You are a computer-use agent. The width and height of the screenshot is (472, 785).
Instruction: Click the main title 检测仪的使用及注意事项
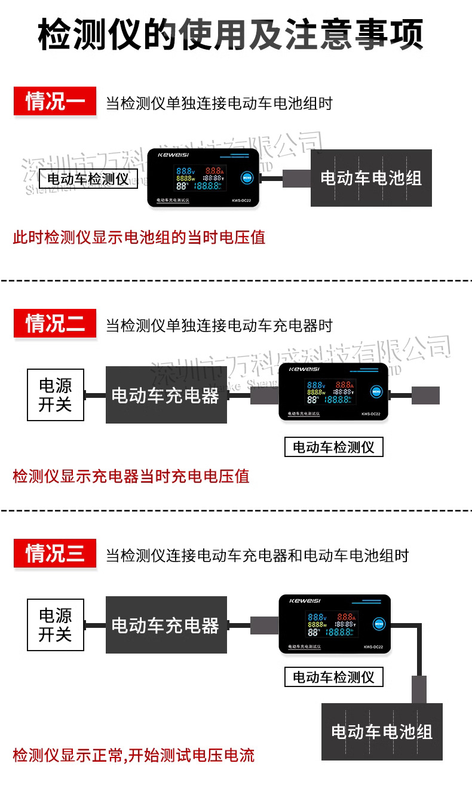pos(231,35)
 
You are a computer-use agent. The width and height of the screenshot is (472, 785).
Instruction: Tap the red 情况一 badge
pos(54,102)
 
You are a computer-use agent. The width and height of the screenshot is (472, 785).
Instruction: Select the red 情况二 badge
pos(54,324)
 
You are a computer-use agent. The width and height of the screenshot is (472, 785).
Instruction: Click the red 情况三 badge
pos(54,553)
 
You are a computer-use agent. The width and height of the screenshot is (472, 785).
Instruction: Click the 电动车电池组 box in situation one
pos(371,178)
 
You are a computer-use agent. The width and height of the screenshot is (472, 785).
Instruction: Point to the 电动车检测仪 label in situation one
pos(88,179)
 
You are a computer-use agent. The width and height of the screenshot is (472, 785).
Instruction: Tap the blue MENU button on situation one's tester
pos(247,177)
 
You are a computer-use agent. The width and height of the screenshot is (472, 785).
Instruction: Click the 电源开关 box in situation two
pos(55,395)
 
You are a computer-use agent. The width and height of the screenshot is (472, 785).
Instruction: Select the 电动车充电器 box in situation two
pos(166,395)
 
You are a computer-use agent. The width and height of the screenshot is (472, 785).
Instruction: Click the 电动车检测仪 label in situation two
pos(333,447)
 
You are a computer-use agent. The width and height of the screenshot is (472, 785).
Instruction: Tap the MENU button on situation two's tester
pos(376,392)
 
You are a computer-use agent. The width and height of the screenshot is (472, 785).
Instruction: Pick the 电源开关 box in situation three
pos(55,625)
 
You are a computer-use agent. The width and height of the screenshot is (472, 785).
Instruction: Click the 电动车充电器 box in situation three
pos(166,625)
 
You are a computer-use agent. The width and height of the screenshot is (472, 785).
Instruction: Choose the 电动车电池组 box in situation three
pos(382,732)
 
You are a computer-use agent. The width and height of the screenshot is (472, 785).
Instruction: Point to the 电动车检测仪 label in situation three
pos(333,677)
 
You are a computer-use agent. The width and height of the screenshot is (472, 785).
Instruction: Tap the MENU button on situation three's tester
pos(378,624)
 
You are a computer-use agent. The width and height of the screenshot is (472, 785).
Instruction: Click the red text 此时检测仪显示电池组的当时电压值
pos(139,237)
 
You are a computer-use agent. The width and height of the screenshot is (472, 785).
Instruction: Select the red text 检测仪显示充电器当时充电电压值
pos(131,476)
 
